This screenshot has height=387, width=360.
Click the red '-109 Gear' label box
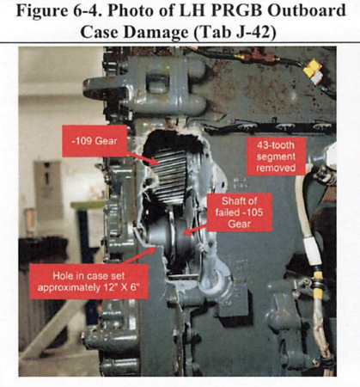[x=95, y=141]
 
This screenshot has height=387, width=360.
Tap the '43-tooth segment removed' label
[x=276, y=157]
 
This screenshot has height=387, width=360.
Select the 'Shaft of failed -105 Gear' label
[x=240, y=212]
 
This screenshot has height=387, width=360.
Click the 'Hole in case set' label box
[x=88, y=281]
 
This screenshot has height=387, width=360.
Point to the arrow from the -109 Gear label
[x=143, y=158]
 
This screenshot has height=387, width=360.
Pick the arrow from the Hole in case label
[x=140, y=255]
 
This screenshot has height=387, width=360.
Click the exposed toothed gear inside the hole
[x=169, y=177]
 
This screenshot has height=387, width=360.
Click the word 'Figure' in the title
[x=38, y=10]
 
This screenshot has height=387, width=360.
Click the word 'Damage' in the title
[x=156, y=32]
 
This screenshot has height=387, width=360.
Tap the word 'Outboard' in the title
[x=305, y=10]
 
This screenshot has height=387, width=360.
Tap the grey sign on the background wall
[x=48, y=189]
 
